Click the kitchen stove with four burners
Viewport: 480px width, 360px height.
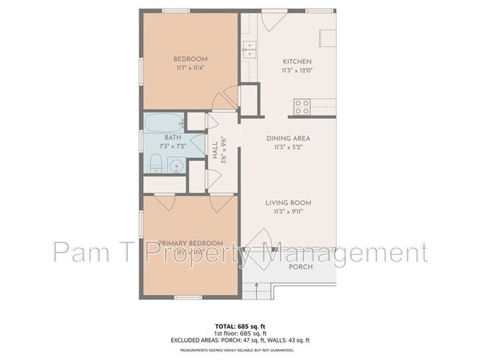point(303,106)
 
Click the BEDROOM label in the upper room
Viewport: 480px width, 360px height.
point(190,59)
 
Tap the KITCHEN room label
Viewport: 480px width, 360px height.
point(298,61)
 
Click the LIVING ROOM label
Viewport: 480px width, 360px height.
point(290,203)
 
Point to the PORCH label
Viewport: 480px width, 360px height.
point(301,267)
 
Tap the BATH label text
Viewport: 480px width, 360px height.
point(173,138)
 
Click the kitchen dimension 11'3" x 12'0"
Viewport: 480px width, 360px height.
point(298,72)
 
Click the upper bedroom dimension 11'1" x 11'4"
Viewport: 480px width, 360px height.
point(190,69)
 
